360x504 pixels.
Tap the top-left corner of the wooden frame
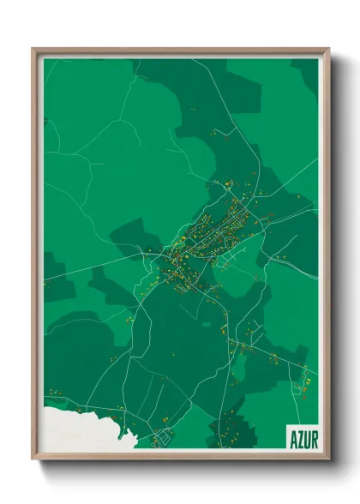(x=33, y=50)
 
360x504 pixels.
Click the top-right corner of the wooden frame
(x=328, y=50)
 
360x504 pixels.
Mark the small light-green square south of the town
(x=204, y=325)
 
